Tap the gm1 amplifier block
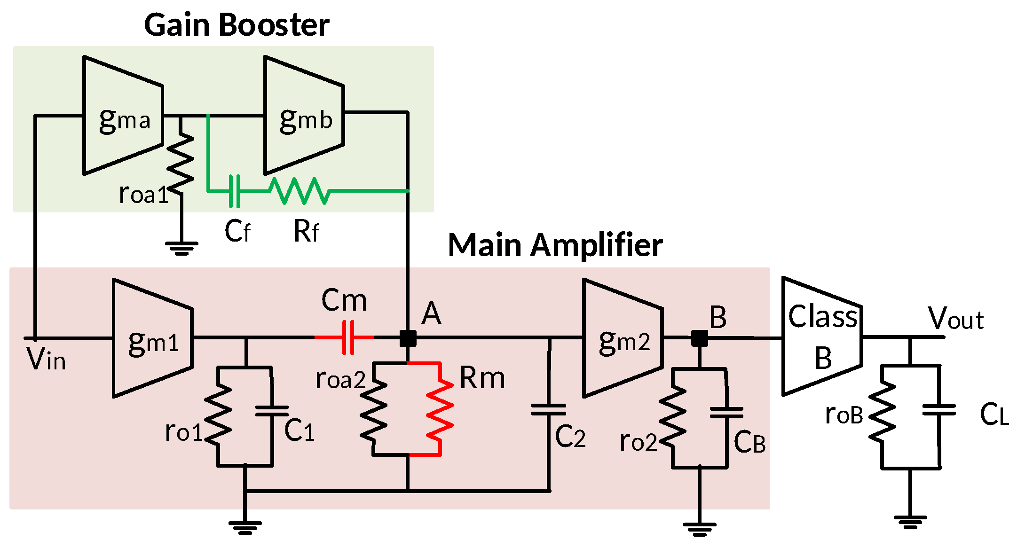tap(153, 338)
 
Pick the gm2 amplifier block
tap(623, 338)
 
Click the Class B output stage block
tap(822, 337)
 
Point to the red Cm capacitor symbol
tap(348, 337)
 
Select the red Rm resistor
tap(440, 409)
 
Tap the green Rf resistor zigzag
tap(300, 191)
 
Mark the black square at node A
tap(408, 338)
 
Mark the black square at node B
tap(700, 338)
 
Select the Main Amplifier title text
tap(555, 245)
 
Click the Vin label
tap(46, 360)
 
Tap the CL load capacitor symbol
tap(939, 410)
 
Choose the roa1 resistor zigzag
tap(181, 162)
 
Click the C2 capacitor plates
tap(549, 410)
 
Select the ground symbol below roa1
tap(181, 248)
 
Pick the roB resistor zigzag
tap(883, 411)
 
